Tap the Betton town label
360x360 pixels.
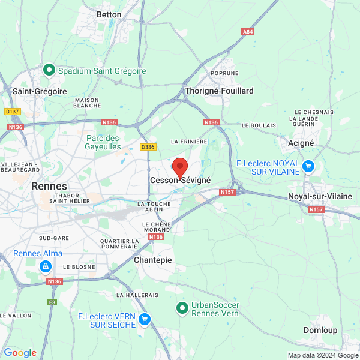pyautogui.click(x=109, y=14)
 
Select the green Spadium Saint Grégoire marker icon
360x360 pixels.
pyautogui.click(x=50, y=71)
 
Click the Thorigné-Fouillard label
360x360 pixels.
pyautogui.click(x=220, y=91)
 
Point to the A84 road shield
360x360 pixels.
pyautogui.click(x=247, y=31)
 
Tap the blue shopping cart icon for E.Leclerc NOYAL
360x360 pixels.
pyautogui.click(x=308, y=167)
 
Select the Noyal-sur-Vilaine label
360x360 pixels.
pyautogui.click(x=320, y=196)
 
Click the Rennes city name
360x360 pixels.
pyautogui.click(x=49, y=186)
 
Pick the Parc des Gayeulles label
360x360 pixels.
pyautogui.click(x=102, y=142)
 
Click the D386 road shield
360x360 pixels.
pyautogui.click(x=148, y=146)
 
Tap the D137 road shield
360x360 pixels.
pyautogui.click(x=12, y=112)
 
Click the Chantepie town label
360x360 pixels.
pyautogui.click(x=152, y=260)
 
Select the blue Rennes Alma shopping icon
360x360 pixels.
pyautogui.click(x=45, y=266)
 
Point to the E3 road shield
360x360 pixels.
pyautogui.click(x=53, y=302)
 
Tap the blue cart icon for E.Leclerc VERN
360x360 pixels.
pyautogui.click(x=144, y=319)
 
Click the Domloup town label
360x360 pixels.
pyautogui.click(x=320, y=331)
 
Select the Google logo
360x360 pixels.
pyautogui.click(x=20, y=353)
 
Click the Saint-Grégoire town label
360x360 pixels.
pyautogui.click(x=40, y=91)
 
